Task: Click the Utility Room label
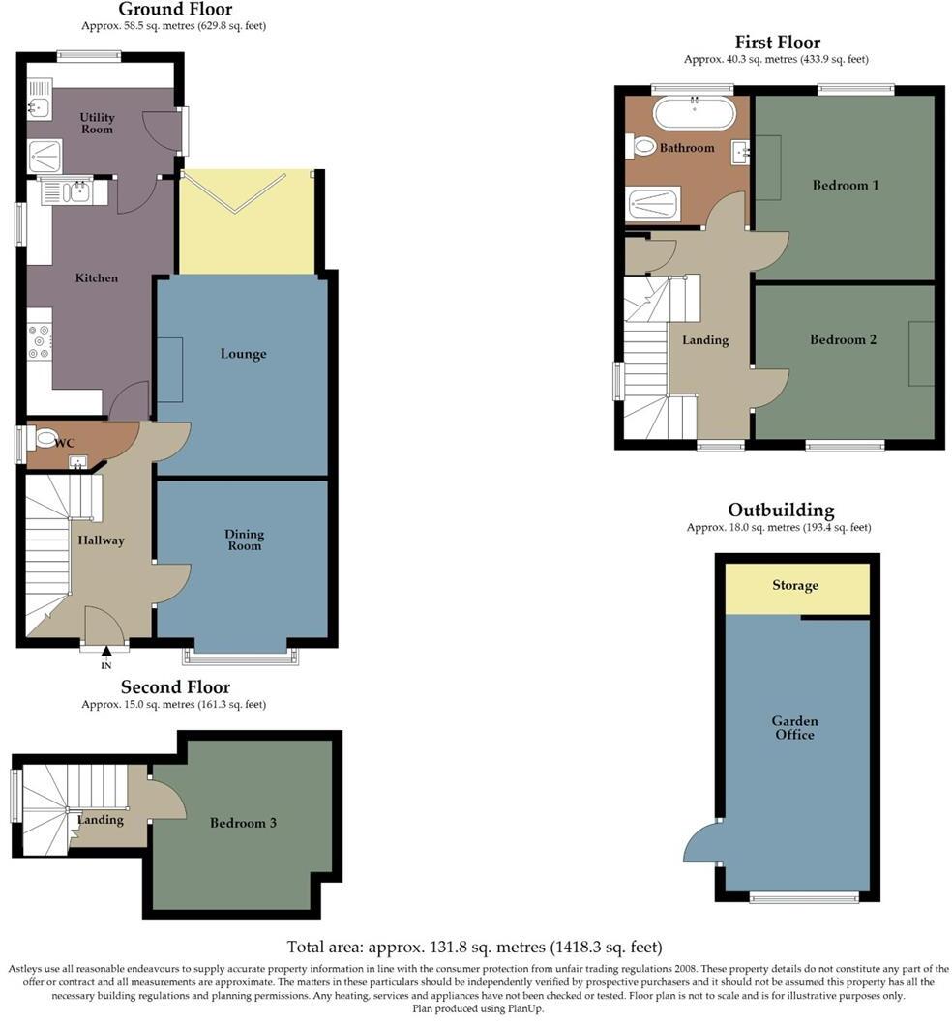(x=97, y=123)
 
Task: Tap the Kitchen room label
(x=97, y=278)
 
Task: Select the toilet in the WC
(x=44, y=440)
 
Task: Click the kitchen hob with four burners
(x=40, y=341)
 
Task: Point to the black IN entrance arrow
(x=106, y=654)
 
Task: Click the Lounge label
(x=243, y=354)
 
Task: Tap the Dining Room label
(x=244, y=540)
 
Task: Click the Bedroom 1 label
(x=845, y=185)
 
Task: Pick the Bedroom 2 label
(x=843, y=339)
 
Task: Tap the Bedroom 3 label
(x=244, y=823)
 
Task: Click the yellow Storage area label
(x=795, y=585)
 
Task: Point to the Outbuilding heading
(x=781, y=510)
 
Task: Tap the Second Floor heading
(x=175, y=687)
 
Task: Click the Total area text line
(x=474, y=947)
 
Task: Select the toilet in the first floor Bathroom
(x=643, y=147)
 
